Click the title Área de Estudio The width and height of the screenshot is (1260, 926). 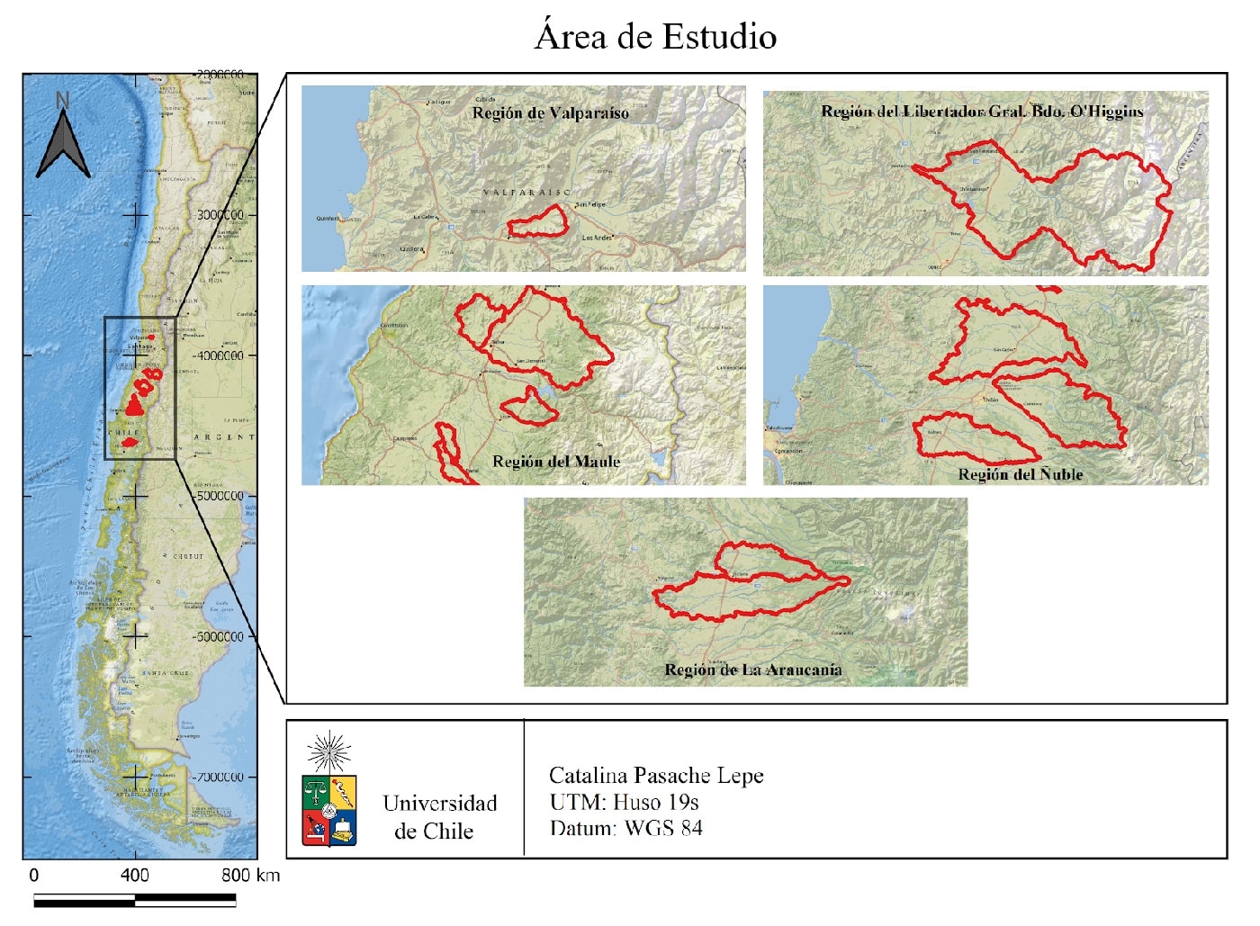pyautogui.click(x=655, y=37)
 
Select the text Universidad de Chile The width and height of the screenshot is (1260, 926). pyautogui.click(x=439, y=817)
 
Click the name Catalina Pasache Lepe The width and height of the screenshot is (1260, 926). pyautogui.click(x=656, y=776)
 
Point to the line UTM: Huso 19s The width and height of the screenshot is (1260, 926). pyautogui.click(x=624, y=802)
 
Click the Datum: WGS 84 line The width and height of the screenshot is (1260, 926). pyautogui.click(x=625, y=828)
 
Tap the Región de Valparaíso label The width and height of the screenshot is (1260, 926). pyautogui.click(x=550, y=113)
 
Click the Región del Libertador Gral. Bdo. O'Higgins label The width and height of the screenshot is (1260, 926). pyautogui.click(x=982, y=112)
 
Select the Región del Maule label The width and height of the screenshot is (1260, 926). pyautogui.click(x=556, y=462)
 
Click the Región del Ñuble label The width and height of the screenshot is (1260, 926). pyautogui.click(x=1020, y=474)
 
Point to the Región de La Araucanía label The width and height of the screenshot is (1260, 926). pyautogui.click(x=752, y=670)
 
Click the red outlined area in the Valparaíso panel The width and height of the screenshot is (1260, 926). pyautogui.click(x=538, y=222)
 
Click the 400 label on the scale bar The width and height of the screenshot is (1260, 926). pyautogui.click(x=134, y=875)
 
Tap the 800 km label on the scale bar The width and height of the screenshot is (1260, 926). pyautogui.click(x=250, y=875)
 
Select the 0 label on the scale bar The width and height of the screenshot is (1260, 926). pyautogui.click(x=34, y=875)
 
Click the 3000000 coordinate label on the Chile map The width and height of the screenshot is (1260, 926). pyautogui.click(x=220, y=215)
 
